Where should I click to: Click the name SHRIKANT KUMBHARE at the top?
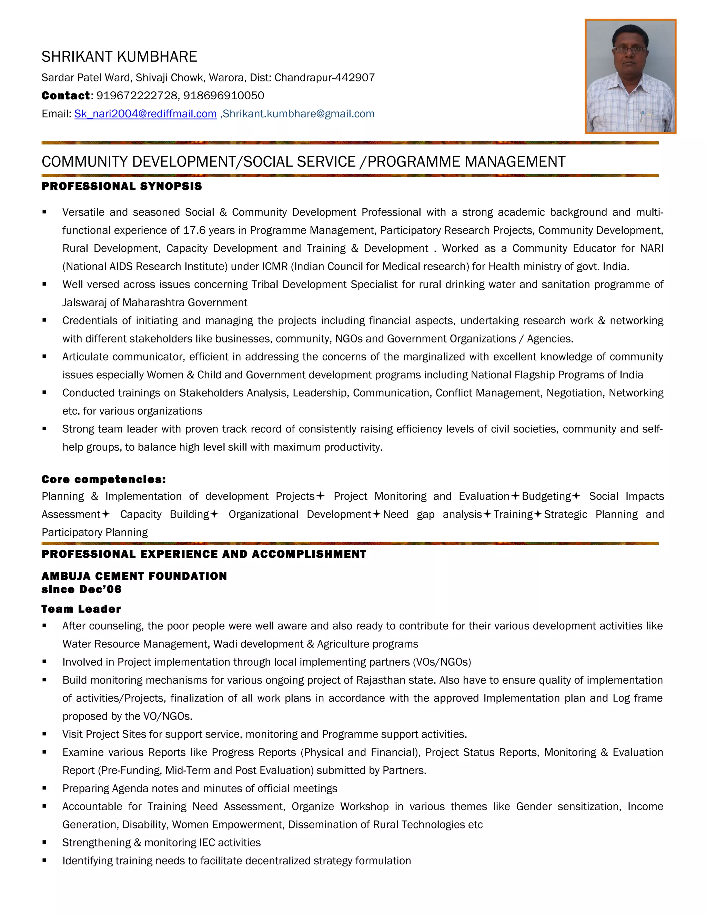point(119,57)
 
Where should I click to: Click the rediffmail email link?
point(145,114)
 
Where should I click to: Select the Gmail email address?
point(299,114)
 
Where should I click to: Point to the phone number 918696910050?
point(224,96)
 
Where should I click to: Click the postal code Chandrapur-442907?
point(324,77)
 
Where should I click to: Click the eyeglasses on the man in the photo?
point(629,50)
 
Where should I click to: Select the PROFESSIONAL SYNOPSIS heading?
point(122,186)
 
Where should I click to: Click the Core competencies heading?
point(104,479)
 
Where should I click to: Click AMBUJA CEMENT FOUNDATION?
point(134,576)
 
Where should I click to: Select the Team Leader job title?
point(81,609)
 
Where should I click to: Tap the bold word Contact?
point(65,96)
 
